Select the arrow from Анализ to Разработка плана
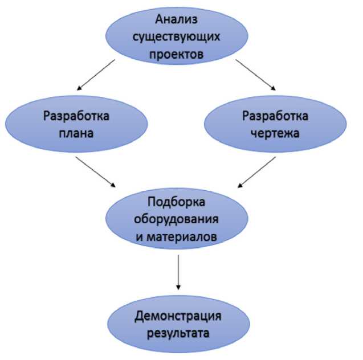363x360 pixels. pyautogui.click(x=96, y=75)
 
